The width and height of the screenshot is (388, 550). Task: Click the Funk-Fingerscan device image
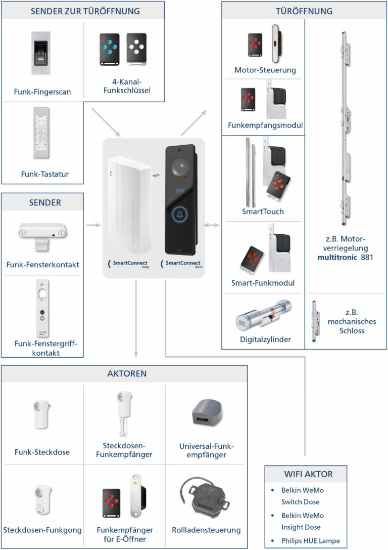(x=41, y=53)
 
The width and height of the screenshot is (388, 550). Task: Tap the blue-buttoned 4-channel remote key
(x=109, y=50)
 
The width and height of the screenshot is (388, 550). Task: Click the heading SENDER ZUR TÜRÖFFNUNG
(x=85, y=11)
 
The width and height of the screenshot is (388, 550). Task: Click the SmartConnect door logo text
(x=182, y=264)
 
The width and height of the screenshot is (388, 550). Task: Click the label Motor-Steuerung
(x=265, y=70)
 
